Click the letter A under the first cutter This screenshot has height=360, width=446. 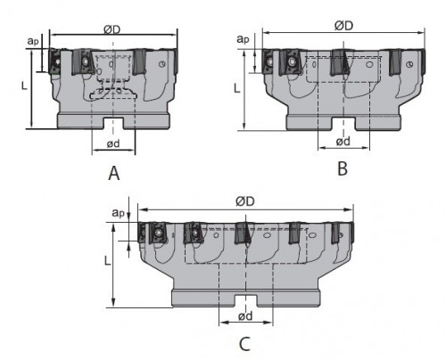coord(114,174)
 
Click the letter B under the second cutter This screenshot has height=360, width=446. coord(343,168)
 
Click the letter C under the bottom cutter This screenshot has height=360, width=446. coord(244,345)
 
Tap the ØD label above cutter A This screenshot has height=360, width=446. coord(112,29)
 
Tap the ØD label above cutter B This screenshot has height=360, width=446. coord(343,26)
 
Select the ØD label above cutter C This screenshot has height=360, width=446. coord(245,201)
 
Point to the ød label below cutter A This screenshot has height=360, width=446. coord(113,143)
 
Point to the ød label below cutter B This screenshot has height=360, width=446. coord(343,142)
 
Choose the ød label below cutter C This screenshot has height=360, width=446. coord(245,316)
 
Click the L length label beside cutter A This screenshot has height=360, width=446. coord(24,86)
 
